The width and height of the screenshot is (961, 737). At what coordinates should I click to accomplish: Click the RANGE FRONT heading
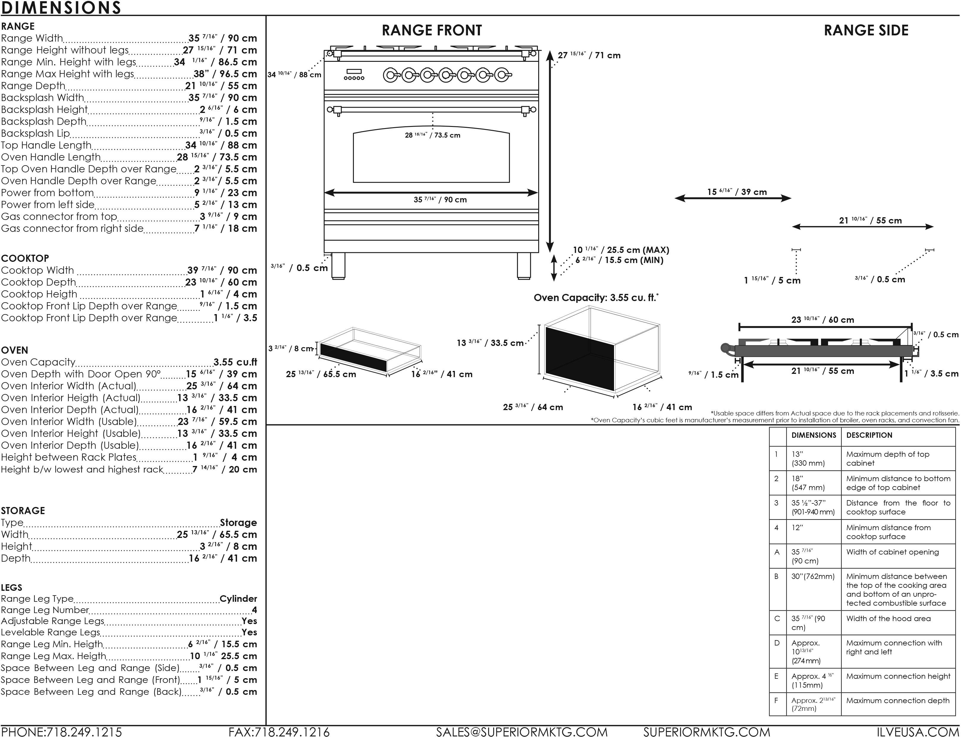click(432, 30)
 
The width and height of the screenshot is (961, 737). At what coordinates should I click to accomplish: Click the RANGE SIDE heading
click(866, 30)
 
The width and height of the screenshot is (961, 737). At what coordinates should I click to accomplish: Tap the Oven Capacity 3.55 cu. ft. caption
click(596, 298)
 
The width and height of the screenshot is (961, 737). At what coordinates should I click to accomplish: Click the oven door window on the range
click(431, 158)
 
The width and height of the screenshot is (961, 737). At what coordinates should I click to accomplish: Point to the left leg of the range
click(338, 266)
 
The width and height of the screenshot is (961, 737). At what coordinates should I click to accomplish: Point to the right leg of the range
click(524, 266)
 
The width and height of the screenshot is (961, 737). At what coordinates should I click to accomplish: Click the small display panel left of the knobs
click(354, 72)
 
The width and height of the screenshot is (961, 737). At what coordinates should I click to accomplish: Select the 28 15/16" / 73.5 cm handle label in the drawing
click(432, 135)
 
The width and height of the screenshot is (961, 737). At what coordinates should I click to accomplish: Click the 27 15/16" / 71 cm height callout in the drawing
click(589, 55)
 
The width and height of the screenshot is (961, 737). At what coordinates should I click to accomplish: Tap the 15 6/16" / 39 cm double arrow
click(733, 198)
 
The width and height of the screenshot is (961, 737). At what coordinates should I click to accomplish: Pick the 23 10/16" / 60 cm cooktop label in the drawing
click(822, 320)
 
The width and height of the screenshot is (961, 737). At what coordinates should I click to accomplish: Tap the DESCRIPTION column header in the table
click(869, 435)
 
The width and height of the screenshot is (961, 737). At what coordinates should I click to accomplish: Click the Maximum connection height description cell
click(898, 676)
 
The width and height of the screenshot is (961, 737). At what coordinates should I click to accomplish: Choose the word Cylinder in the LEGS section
click(238, 599)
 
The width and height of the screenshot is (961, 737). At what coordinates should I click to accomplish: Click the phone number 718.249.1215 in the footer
click(83, 732)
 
